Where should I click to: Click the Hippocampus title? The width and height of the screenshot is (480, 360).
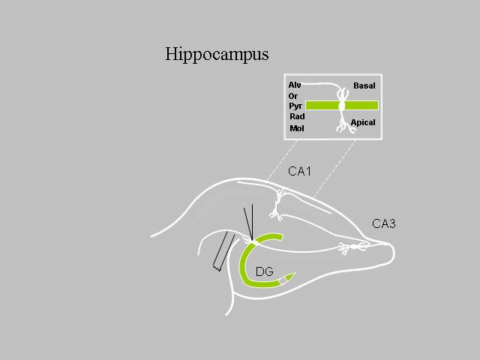[x=217, y=55]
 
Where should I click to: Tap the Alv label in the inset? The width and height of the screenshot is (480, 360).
[x=295, y=85]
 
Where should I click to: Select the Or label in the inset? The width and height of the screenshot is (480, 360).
[x=293, y=96]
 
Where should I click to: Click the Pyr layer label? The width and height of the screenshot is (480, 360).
[x=295, y=106]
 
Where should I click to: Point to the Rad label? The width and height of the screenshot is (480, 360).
[x=297, y=116]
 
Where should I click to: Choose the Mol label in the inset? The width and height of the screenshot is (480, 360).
[x=297, y=128]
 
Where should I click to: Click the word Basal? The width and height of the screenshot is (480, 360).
[x=364, y=85]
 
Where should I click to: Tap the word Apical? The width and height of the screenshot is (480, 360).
[x=363, y=123]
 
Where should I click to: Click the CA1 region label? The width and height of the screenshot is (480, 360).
[x=300, y=171]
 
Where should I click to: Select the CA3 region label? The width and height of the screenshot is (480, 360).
[x=384, y=223]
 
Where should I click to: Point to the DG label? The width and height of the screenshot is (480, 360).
[x=265, y=271]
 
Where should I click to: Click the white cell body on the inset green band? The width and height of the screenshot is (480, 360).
[x=342, y=106]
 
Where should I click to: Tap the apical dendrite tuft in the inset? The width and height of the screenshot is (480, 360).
[x=346, y=126]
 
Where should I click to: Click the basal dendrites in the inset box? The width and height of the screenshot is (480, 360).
[x=343, y=93]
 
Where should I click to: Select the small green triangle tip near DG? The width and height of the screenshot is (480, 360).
[x=290, y=277]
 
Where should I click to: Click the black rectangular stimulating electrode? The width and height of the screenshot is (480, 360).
[x=223, y=251]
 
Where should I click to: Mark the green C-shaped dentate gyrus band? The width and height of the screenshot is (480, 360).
[x=241, y=261]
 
